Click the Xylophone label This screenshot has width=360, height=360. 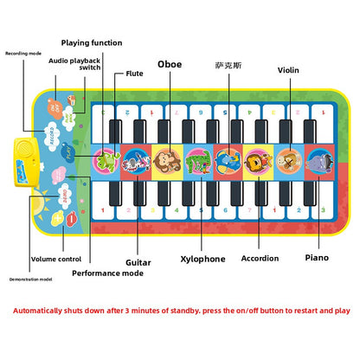click(x=202, y=259)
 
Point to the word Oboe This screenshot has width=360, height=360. click(x=170, y=63)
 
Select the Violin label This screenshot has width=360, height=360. click(x=289, y=70)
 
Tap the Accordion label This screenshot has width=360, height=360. click(x=260, y=258)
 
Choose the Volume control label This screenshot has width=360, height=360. click(x=56, y=259)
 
